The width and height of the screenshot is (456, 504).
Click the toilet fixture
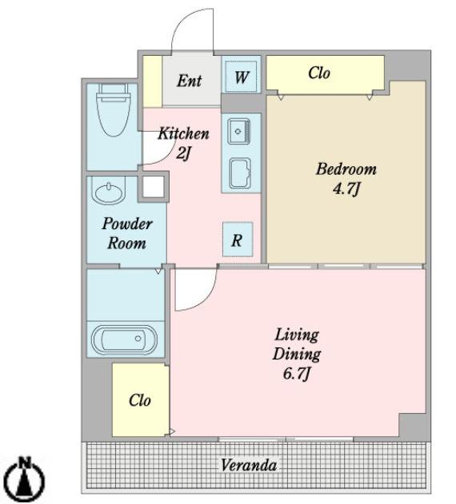[x=114, y=110]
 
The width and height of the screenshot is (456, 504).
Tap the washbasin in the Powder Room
[x=107, y=191]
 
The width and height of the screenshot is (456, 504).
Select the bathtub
[x=124, y=339]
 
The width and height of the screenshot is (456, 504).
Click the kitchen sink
[x=238, y=132]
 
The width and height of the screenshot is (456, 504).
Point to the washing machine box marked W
[x=242, y=77]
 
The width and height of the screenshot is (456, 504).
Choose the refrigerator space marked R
[x=238, y=240]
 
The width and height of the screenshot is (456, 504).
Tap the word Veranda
[x=249, y=465]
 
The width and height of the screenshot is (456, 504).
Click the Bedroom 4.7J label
[x=346, y=179]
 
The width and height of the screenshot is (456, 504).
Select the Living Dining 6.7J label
[x=297, y=354]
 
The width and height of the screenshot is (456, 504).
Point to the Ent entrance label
[x=190, y=81]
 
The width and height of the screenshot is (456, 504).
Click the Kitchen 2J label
[x=183, y=143]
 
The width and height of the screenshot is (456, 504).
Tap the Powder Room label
[x=127, y=233]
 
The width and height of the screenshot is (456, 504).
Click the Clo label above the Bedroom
[x=319, y=73]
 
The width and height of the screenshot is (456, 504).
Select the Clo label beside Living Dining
[x=140, y=400]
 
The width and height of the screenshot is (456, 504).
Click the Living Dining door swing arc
[x=205, y=299]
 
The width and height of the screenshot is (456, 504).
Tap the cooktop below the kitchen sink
[x=240, y=173]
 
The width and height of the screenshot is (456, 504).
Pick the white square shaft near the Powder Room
[x=154, y=187]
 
